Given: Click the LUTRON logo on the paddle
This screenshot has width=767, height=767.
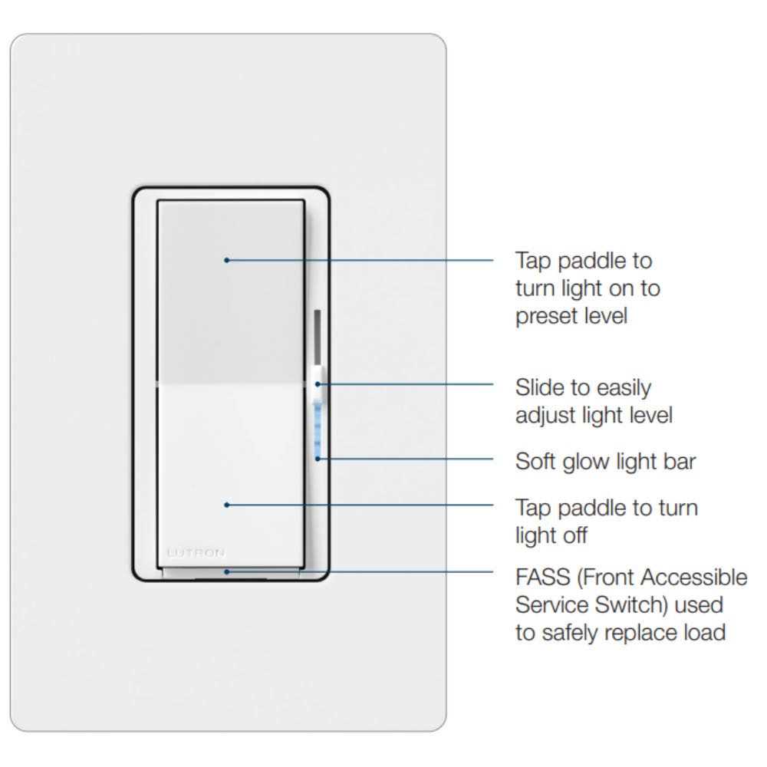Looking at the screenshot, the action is tap(196, 553).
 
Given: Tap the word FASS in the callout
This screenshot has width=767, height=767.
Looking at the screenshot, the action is tap(543, 578).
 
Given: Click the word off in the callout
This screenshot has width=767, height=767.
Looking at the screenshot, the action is tap(573, 535).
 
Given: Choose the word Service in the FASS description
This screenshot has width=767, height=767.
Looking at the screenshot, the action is tap(551, 605).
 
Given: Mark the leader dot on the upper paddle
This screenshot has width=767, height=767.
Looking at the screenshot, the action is tap(226, 260).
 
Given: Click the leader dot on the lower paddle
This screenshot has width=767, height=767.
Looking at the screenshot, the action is tap(226, 505).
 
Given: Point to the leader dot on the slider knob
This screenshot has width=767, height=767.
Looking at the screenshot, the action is tap(318, 384).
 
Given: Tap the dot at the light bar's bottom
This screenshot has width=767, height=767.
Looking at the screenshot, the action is tap(318, 459).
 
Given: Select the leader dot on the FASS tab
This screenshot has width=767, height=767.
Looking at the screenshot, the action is tap(226, 572).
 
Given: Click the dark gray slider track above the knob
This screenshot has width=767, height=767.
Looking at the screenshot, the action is tap(318, 337).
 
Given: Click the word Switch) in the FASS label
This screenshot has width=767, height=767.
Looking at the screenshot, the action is tap(631, 605).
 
